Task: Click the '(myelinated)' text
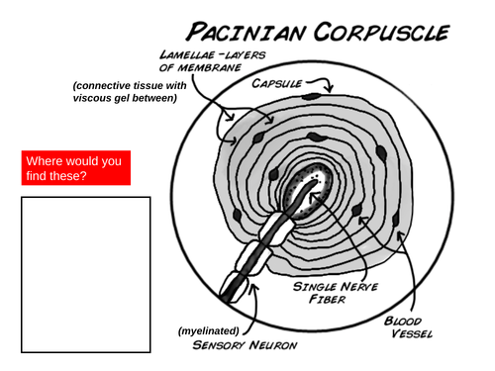209,329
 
